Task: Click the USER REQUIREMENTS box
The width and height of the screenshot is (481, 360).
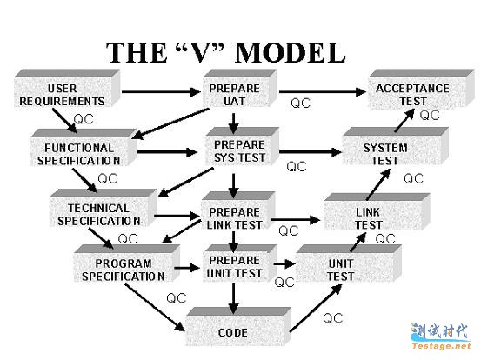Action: (x=67, y=89)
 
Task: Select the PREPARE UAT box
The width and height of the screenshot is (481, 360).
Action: (x=240, y=89)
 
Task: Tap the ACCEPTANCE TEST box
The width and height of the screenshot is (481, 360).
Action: (x=421, y=90)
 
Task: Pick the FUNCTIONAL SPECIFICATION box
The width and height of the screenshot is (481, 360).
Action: (x=84, y=148)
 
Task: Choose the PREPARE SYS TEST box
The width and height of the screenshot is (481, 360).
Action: (x=243, y=147)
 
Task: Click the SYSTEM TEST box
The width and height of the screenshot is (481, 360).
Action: (x=395, y=147)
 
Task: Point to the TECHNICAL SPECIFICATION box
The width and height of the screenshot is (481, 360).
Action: (x=103, y=208)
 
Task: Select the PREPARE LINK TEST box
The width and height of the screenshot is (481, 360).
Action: (x=238, y=210)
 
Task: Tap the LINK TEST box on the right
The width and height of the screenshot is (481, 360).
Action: (x=377, y=212)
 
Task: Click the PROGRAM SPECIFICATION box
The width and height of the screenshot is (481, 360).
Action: (x=127, y=263)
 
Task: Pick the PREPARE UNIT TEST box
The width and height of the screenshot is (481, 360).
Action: (x=240, y=263)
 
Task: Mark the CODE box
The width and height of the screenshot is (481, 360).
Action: (x=238, y=327)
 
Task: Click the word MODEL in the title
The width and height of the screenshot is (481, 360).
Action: (x=291, y=53)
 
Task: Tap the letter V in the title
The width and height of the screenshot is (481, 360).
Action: (x=201, y=53)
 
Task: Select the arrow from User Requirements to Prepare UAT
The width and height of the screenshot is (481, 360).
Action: (x=162, y=91)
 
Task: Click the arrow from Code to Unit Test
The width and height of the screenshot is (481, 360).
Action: (x=316, y=308)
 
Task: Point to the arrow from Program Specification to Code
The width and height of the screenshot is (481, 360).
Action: (x=155, y=308)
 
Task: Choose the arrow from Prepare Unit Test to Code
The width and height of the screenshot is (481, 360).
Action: (x=234, y=298)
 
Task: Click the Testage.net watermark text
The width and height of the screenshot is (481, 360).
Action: (x=441, y=346)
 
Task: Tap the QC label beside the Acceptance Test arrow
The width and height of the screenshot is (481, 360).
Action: (x=430, y=116)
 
